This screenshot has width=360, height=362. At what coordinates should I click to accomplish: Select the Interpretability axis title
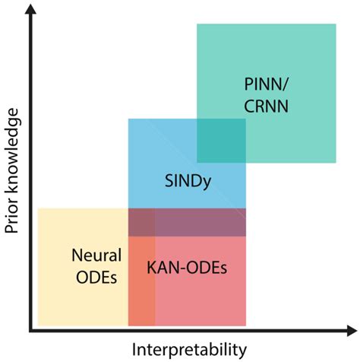coord(189,349)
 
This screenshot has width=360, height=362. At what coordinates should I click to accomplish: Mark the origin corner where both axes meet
coord(30,331)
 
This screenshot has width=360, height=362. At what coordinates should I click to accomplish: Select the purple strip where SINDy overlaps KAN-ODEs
coord(201,222)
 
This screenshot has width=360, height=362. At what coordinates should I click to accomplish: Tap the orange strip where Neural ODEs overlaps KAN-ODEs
coord(141,281)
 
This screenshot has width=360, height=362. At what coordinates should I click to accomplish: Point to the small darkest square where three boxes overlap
coord(141,222)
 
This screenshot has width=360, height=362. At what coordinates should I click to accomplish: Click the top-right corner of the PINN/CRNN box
coord(336,24)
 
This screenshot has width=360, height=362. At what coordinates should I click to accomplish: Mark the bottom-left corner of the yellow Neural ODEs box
coord(38,325)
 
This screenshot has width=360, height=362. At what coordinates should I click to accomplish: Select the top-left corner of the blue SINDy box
coord(128,119)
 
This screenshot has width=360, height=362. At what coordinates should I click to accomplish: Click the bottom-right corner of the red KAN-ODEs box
coord(246,325)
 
